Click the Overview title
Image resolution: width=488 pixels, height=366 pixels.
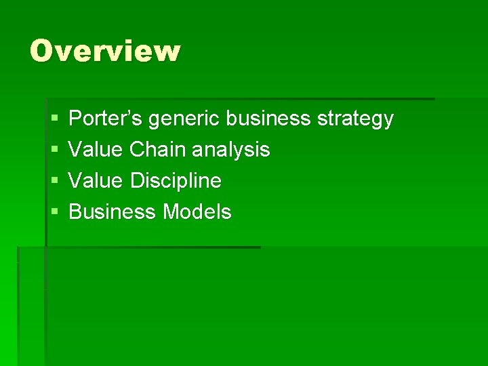pyautogui.click(x=105, y=51)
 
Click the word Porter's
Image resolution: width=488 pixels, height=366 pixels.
pyautogui.click(x=107, y=119)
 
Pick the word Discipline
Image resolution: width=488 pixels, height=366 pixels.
pyautogui.click(x=176, y=181)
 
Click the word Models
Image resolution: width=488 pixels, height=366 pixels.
pyautogui.click(x=197, y=212)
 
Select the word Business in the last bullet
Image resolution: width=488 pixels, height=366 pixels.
pyautogui.click(x=113, y=212)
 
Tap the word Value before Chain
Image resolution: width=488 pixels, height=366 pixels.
pyautogui.click(x=96, y=149)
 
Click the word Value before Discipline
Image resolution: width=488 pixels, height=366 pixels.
pyautogui.click(x=96, y=180)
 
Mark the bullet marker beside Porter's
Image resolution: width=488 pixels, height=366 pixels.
pyautogui.click(x=54, y=119)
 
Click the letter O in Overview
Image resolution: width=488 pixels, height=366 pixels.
pyautogui.click(x=42, y=51)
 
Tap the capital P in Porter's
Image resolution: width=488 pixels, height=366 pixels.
pyautogui.click(x=76, y=119)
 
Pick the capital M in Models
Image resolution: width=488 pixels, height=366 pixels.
pyautogui.click(x=171, y=212)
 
